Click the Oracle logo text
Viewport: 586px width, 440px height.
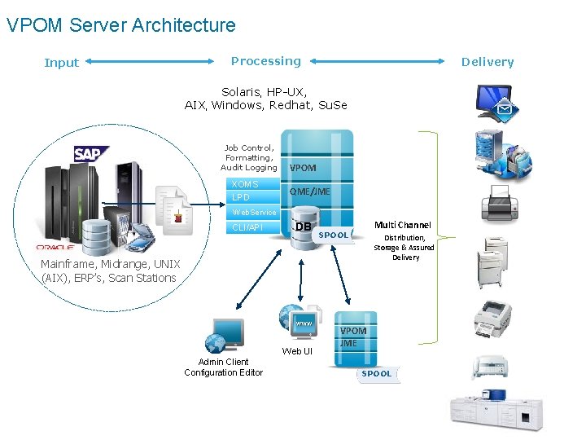pyautogui.click(x=55, y=247)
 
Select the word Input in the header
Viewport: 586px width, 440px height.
pyautogui.click(x=61, y=63)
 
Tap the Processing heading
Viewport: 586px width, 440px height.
pyautogui.click(x=265, y=61)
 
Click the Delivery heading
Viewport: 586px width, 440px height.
pyautogui.click(x=487, y=62)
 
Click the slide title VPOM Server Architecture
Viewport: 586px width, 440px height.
pyautogui.click(x=120, y=25)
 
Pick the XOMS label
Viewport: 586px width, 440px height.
pyautogui.click(x=245, y=184)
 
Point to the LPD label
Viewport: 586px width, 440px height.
pyautogui.click(x=241, y=197)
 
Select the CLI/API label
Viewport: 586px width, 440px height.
pyautogui.click(x=247, y=227)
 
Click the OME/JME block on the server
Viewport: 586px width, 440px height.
pyautogui.click(x=309, y=191)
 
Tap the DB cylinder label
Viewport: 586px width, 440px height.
pyautogui.click(x=304, y=227)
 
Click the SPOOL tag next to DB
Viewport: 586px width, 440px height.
pyautogui.click(x=333, y=235)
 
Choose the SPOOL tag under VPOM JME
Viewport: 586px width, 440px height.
pyautogui.click(x=376, y=373)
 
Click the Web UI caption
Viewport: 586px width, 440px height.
pyautogui.click(x=297, y=351)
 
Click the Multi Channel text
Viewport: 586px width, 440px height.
pyautogui.click(x=402, y=225)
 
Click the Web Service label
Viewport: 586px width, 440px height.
pyautogui.click(x=255, y=212)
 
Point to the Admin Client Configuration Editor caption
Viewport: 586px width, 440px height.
pyautogui.click(x=223, y=367)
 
